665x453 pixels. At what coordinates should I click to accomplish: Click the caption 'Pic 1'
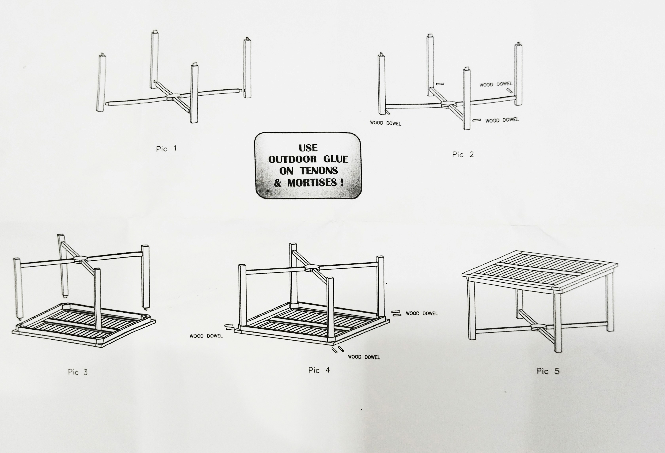[x=166, y=149]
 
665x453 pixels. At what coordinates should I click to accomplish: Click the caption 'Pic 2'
[x=463, y=155]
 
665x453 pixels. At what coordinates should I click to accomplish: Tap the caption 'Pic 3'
[x=78, y=372]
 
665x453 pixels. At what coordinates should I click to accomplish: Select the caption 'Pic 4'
[x=319, y=370]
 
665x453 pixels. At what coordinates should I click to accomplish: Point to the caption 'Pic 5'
[x=547, y=371]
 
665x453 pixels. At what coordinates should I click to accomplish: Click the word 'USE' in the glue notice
[x=308, y=148]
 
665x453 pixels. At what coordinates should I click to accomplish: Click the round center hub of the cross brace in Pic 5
[x=538, y=326]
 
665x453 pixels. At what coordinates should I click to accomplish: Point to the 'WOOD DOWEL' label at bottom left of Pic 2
[x=385, y=123]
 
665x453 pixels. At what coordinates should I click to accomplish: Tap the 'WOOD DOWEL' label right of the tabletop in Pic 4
[x=422, y=313]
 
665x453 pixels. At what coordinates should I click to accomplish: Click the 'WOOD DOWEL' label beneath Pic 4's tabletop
[x=364, y=357]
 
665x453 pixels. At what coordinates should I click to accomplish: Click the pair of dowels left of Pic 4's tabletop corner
[x=230, y=327]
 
